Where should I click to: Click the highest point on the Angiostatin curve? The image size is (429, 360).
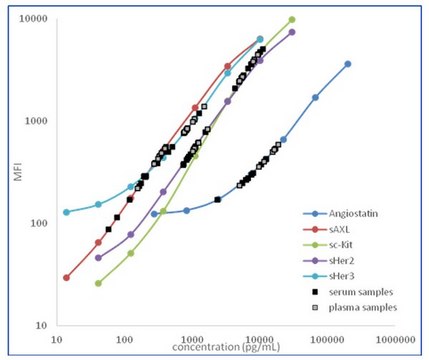pos(348,64)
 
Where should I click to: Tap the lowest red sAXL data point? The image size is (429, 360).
pos(66,277)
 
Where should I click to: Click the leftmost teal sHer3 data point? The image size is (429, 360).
pos(66,212)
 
